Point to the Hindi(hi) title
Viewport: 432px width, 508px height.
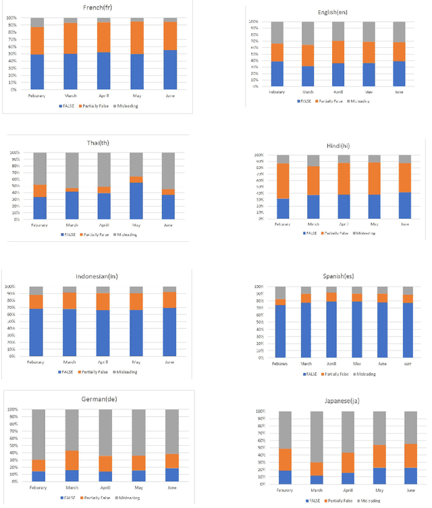point(333,145)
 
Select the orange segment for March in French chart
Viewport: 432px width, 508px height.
point(70,39)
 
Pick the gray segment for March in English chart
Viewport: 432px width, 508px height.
point(308,33)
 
